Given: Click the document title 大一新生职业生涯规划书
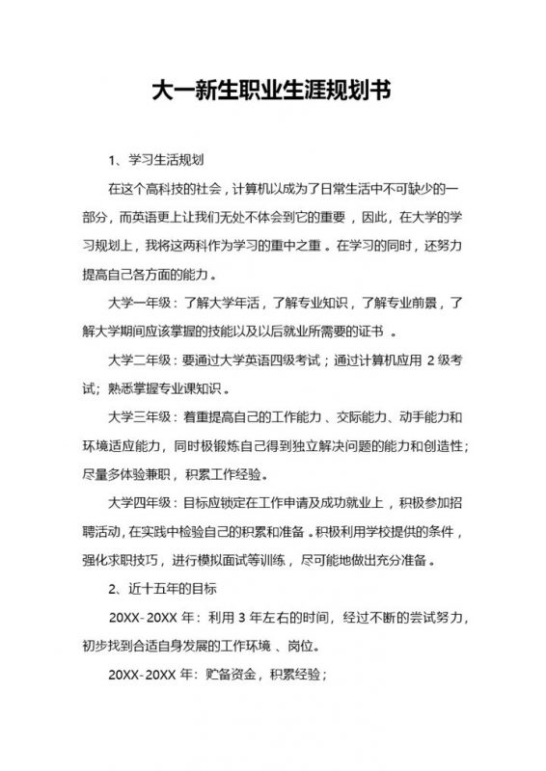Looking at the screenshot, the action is click(x=273, y=93).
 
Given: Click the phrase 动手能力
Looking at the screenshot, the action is click(x=426, y=417).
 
